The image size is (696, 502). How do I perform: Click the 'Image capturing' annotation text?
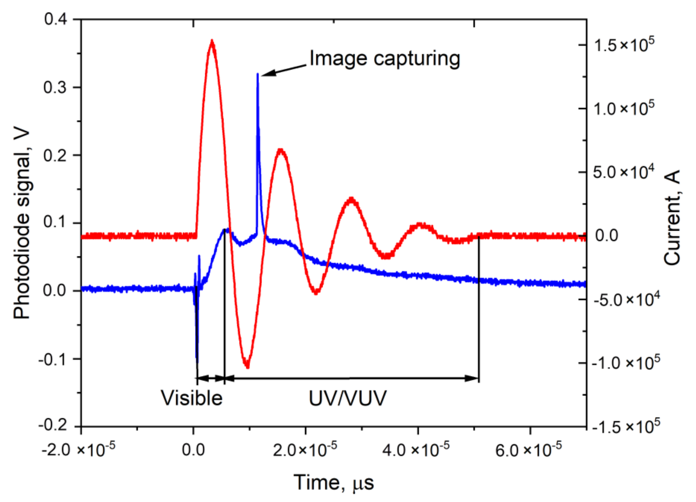tap(385, 58)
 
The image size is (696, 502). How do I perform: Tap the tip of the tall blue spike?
tap(258, 74)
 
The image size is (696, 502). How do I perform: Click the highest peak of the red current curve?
tap(212, 40)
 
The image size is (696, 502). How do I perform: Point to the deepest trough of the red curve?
tap(247, 367)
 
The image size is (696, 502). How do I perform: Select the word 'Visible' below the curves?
tap(192, 398)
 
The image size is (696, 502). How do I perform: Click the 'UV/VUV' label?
tap(347, 398)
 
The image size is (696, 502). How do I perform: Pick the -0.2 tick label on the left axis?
tap(53, 425)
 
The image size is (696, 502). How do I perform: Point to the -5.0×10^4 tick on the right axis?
tap(626, 300)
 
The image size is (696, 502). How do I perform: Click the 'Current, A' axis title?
tap(672, 218)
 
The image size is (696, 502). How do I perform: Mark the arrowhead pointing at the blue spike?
tap(266, 73)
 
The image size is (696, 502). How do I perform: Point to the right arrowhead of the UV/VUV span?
tap(473, 378)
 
